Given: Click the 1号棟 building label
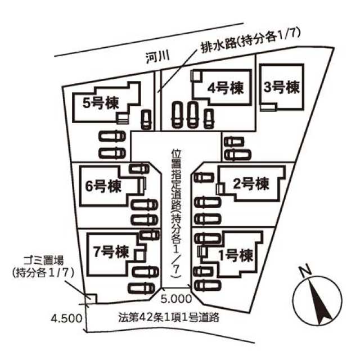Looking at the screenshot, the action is (236, 255).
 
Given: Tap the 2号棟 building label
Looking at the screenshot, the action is (251, 184).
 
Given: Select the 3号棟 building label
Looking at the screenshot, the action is (281, 87).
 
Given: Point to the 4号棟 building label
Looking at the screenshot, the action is (225, 88).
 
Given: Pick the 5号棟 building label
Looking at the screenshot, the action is (101, 103).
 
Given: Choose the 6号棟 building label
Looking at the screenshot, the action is (103, 186).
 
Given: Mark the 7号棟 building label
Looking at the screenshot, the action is (111, 252).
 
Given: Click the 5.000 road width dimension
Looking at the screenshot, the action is (176, 299).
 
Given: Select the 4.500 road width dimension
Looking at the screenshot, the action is (66, 318).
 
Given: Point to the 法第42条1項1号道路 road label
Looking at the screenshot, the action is (169, 317).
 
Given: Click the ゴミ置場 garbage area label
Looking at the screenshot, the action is (44, 262).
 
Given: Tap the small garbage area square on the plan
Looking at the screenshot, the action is (91, 299).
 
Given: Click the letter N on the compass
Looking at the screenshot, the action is (305, 271).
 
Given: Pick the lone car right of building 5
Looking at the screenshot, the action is (146, 119).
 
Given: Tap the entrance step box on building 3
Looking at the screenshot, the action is (268, 107).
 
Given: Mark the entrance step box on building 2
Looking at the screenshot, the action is (220, 189).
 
